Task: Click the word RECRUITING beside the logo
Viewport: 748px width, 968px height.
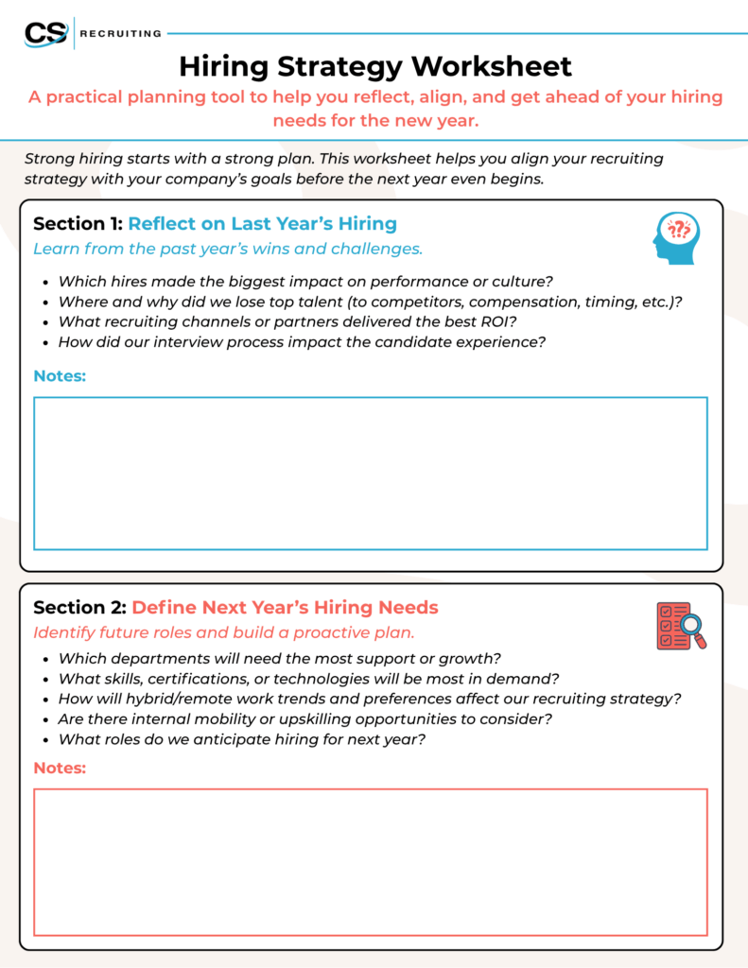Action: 121,34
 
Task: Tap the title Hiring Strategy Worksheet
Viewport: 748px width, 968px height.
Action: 375,66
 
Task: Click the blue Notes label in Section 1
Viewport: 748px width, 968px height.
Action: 60,376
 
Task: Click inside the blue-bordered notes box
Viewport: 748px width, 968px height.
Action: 370,473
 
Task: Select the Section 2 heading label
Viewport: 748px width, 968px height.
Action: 79,607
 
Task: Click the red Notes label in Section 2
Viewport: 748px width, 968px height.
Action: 60,768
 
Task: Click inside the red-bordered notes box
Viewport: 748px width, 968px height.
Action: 370,862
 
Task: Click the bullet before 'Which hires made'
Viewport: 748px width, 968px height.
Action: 46,282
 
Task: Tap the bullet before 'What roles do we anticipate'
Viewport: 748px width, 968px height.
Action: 46,739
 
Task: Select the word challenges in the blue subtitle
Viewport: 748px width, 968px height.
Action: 376,249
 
